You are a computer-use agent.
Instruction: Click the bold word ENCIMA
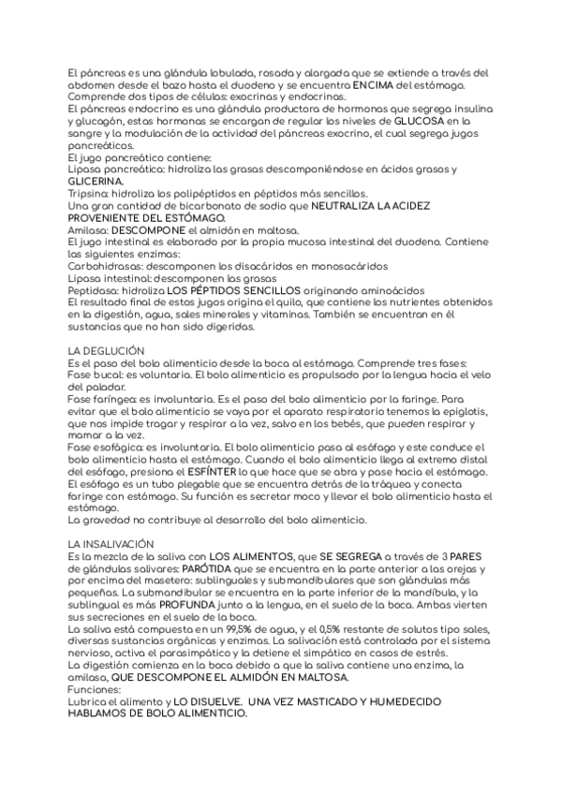coord(360,85)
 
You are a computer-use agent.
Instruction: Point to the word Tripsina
coord(89,191)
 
